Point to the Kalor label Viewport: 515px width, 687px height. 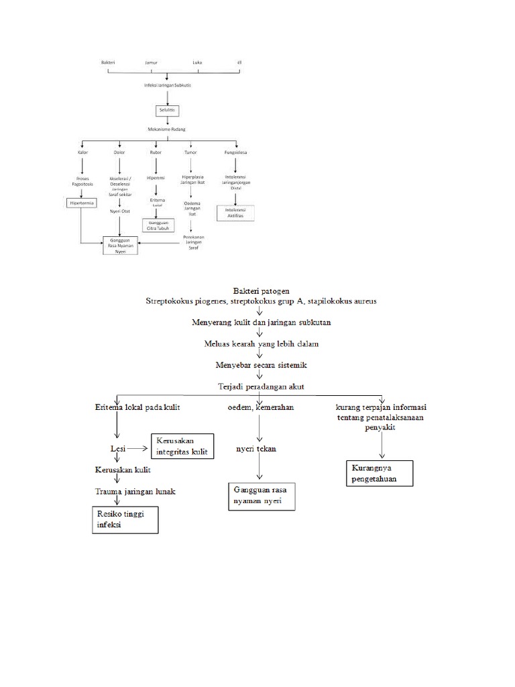(82, 152)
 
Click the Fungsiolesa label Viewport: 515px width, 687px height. (236, 152)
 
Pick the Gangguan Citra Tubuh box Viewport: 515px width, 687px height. (158, 225)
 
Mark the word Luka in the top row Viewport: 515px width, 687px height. (197, 62)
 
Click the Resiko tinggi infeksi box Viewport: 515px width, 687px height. (124, 519)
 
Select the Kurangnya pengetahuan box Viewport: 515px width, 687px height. (380, 472)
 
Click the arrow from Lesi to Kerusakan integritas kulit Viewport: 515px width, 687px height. (138, 447)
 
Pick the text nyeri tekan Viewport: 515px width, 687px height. (255, 448)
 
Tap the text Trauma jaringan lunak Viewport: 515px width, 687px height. (134, 491)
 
